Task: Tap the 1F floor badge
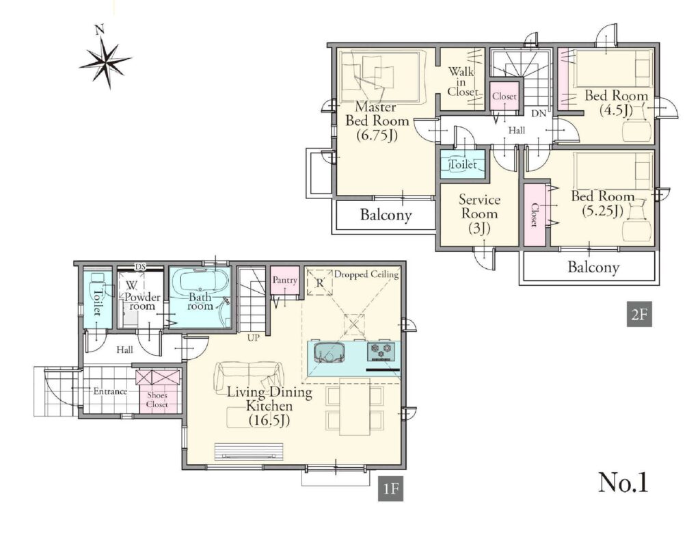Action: pyautogui.click(x=390, y=489)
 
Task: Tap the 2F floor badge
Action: pyautogui.click(x=639, y=314)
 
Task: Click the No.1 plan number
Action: pyautogui.click(x=623, y=482)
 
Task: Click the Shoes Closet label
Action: pyautogui.click(x=157, y=400)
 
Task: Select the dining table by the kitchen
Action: pyautogui.click(x=355, y=406)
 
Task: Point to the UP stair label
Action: pyautogui.click(x=253, y=338)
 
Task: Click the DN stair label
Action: pyautogui.click(x=539, y=114)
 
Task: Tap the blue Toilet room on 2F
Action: pyautogui.click(x=463, y=164)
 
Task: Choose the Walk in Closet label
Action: pyautogui.click(x=461, y=81)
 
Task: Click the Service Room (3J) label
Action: pyautogui.click(x=479, y=213)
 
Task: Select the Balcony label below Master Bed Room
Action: pyautogui.click(x=386, y=215)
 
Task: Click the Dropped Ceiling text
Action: pyautogui.click(x=366, y=274)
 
